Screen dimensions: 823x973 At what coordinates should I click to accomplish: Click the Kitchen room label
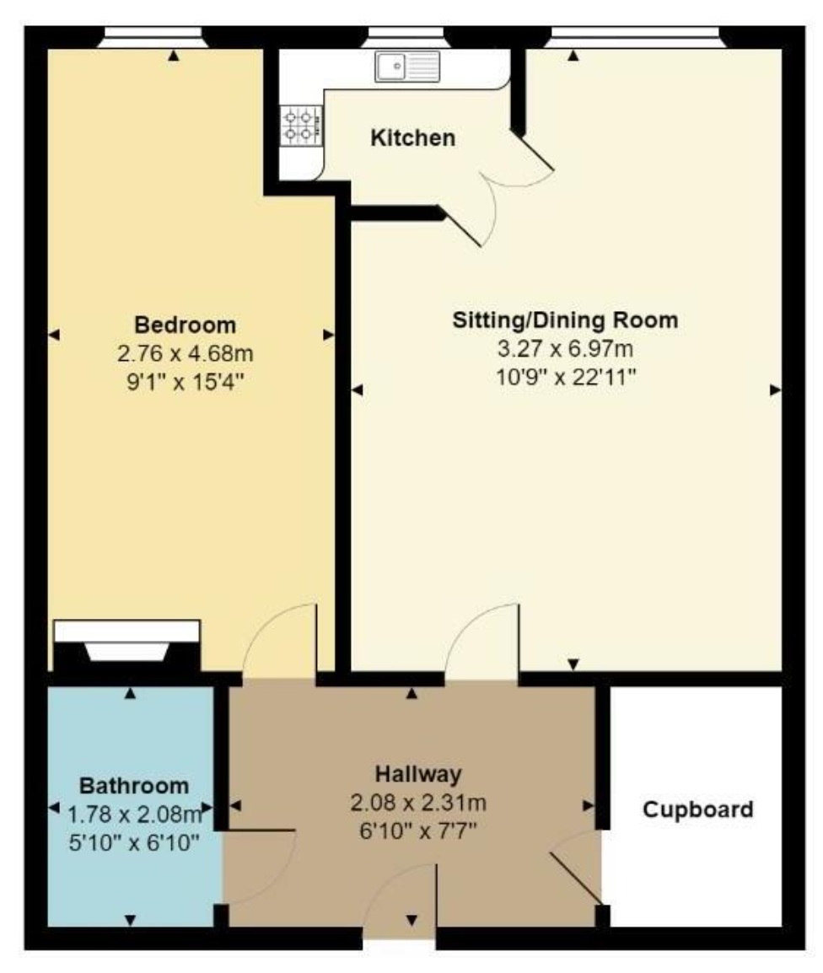412,137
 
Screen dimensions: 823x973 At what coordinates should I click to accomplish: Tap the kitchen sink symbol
407,67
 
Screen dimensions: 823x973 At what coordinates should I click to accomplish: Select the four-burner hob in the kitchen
302,126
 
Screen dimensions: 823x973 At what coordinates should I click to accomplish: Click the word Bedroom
185,325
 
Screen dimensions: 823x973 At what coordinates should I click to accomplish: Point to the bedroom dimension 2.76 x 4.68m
185,353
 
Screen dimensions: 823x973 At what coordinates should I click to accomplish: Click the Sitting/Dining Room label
565,320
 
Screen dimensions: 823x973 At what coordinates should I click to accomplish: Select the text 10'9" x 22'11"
566,377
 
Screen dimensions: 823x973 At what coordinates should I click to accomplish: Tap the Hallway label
418,774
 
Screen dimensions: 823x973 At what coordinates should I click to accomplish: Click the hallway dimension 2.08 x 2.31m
418,803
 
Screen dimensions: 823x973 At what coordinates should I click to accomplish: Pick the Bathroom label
134,786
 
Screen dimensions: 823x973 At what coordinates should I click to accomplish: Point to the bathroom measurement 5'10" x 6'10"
134,842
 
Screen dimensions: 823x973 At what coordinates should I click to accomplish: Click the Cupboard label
697,809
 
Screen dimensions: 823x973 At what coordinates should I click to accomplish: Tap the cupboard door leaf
575,878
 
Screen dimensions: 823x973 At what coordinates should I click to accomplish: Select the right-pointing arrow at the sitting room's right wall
775,390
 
